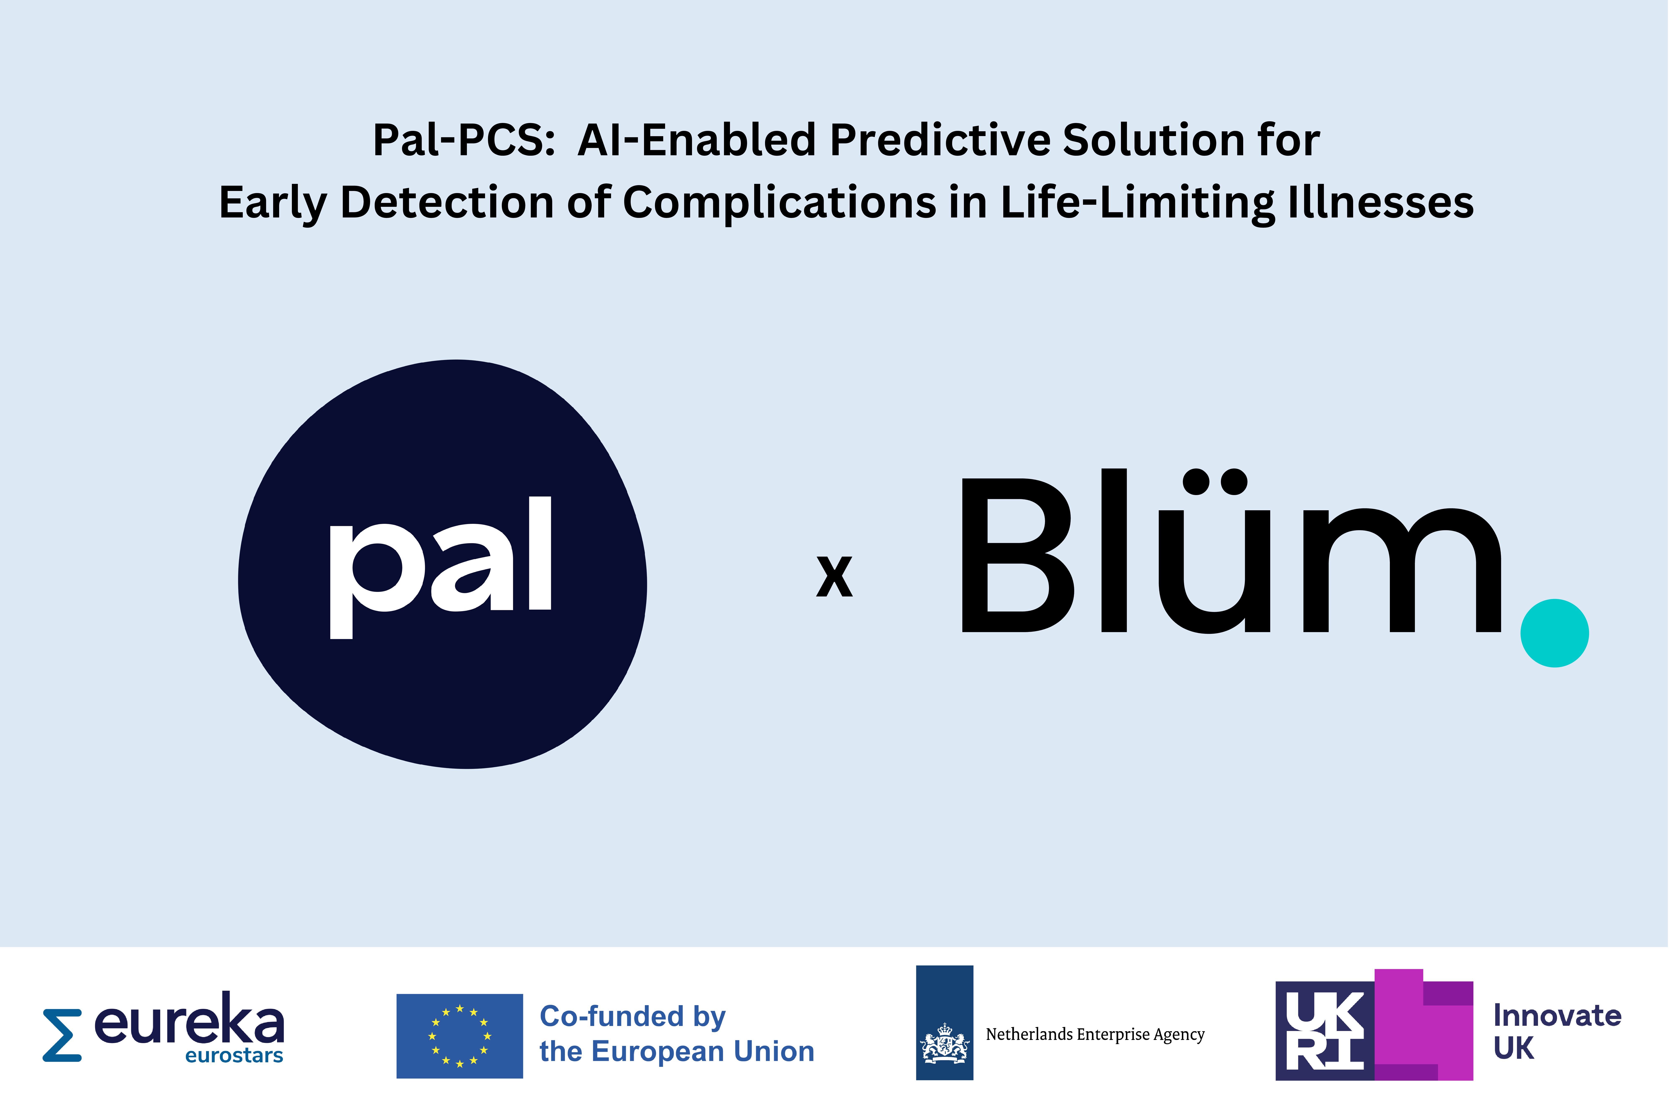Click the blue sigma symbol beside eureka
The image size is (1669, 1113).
(x=62, y=1035)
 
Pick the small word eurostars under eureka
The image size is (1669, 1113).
(x=234, y=1056)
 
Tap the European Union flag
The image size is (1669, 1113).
(x=460, y=1036)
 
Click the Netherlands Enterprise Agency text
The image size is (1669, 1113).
(x=1095, y=1034)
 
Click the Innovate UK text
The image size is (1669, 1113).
(x=1557, y=1031)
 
